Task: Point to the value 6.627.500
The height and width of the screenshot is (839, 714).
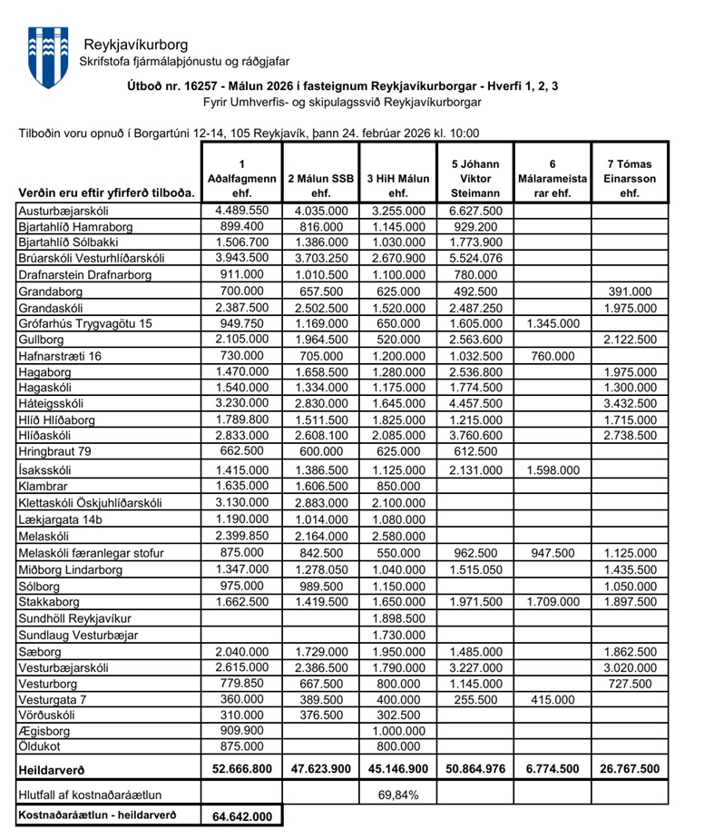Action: (474, 210)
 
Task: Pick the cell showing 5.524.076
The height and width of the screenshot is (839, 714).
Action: (474, 258)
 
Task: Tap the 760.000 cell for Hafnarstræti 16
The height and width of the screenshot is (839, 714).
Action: (551, 355)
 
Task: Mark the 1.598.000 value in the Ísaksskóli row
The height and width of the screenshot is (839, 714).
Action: (551, 469)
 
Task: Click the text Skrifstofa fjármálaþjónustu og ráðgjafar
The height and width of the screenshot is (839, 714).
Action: (184, 61)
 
